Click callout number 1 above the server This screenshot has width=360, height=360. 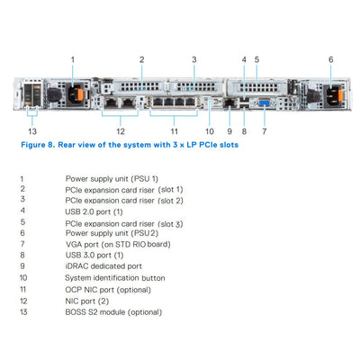click(73, 58)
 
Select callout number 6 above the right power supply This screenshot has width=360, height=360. click(330, 58)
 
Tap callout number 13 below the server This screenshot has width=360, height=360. click(33, 130)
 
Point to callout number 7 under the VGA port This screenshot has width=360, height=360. click(264, 130)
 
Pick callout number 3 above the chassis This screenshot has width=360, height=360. click(193, 58)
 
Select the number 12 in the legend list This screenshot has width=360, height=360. click(22, 300)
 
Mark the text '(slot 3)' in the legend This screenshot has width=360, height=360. click(166, 222)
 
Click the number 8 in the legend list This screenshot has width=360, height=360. click(21, 256)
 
